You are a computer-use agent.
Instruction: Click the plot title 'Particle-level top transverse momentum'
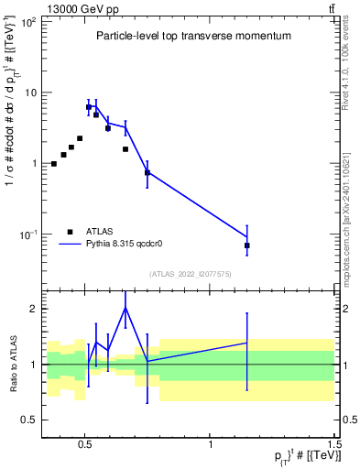[x=193, y=36]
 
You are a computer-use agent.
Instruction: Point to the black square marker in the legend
[x=71, y=232]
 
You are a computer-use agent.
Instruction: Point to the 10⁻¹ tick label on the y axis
[x=27, y=234]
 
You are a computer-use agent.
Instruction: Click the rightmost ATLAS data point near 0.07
[x=247, y=245]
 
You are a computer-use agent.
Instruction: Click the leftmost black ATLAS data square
[x=54, y=164]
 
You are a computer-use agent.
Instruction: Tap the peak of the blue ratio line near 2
[x=125, y=308]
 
